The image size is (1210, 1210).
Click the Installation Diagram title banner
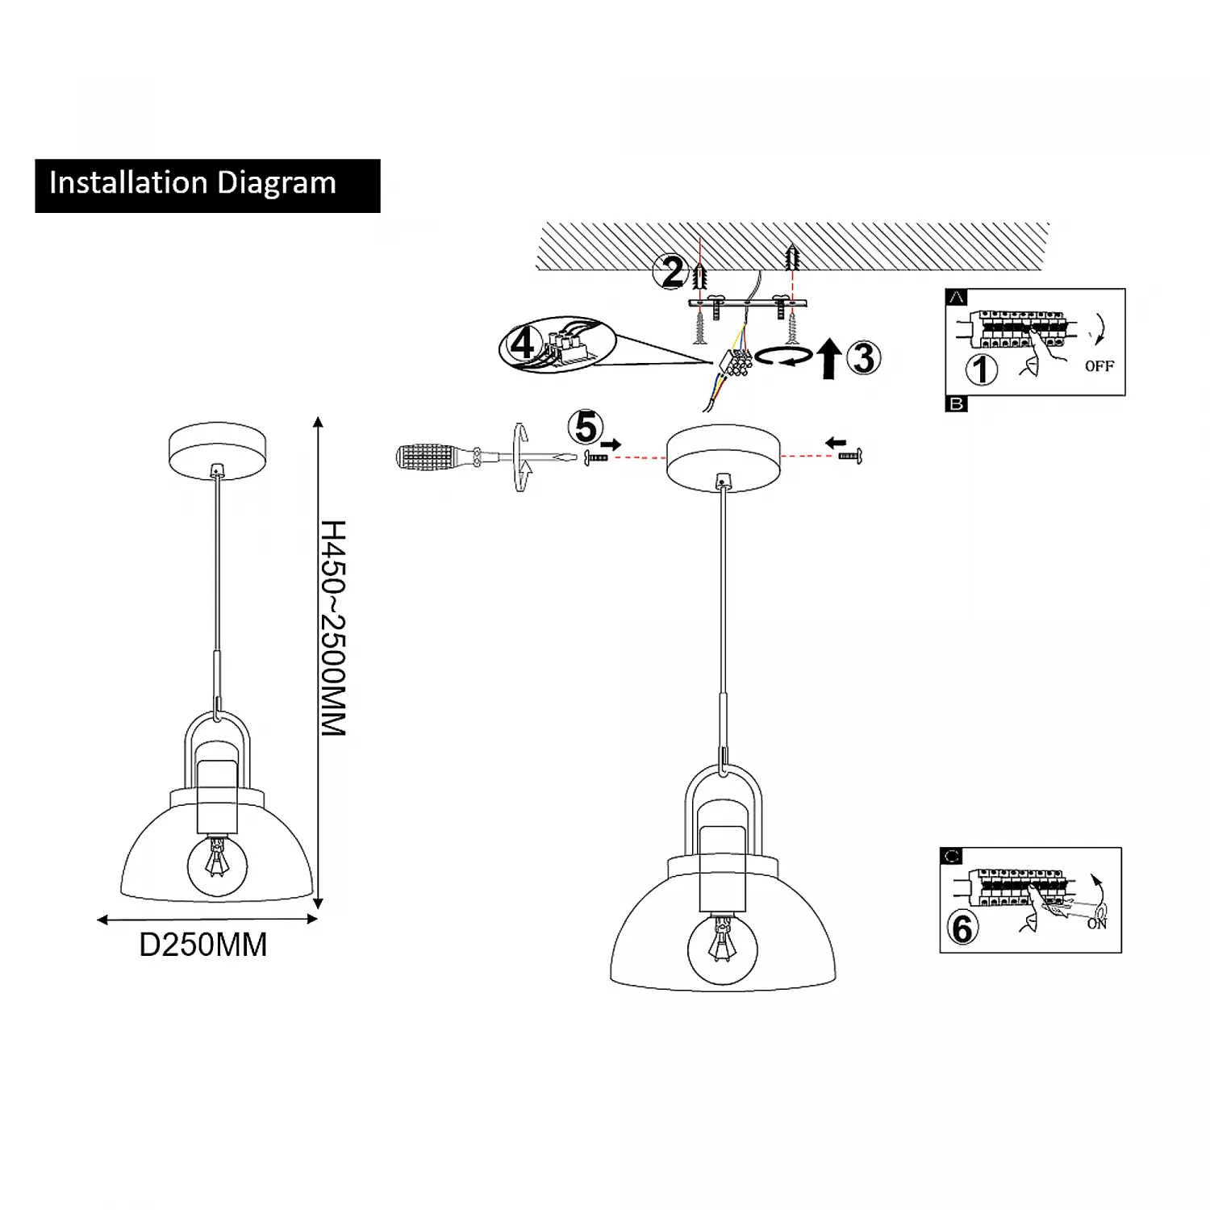[207, 186]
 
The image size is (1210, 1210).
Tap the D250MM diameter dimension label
[203, 945]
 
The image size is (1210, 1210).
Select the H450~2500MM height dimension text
[333, 628]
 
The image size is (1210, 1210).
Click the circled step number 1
[982, 370]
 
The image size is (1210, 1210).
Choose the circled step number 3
[864, 358]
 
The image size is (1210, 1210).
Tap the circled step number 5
[586, 428]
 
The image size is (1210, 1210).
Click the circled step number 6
[962, 928]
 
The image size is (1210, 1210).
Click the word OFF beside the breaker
[1099, 366]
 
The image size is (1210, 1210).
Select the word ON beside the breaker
[1096, 924]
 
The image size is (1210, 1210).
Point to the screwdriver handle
[428, 457]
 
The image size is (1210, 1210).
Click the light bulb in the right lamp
[723, 949]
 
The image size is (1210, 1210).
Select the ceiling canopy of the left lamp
[217, 450]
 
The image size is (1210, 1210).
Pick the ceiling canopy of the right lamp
[724, 457]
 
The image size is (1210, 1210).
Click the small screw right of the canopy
[850, 457]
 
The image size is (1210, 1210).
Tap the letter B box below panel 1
[956, 404]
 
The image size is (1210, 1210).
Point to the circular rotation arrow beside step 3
[784, 356]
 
